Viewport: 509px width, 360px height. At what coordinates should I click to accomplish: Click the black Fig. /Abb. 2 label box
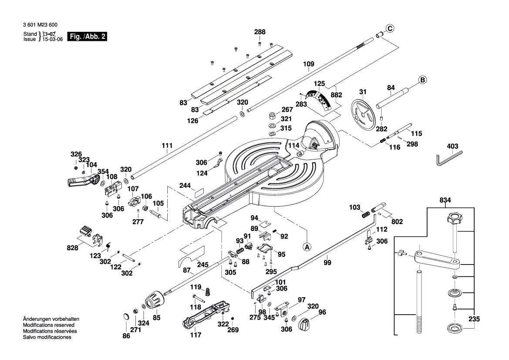[x=87, y=37]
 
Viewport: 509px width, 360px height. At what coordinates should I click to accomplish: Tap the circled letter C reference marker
[x=390, y=29]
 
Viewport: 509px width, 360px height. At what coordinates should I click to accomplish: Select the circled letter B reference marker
[x=422, y=80]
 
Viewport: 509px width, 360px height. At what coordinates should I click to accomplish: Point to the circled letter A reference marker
[x=307, y=246]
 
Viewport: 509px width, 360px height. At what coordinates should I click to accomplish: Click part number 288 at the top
[x=260, y=32]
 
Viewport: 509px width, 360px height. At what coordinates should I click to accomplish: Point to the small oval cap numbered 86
[x=126, y=317]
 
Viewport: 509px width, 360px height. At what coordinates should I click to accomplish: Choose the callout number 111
[x=167, y=145]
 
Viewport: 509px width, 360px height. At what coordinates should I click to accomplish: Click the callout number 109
[x=308, y=65]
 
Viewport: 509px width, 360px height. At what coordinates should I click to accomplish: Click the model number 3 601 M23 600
[x=38, y=25]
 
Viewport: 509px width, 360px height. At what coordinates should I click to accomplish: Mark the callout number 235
[x=474, y=319]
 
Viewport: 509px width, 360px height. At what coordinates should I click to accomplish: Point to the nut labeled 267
[x=271, y=116]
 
